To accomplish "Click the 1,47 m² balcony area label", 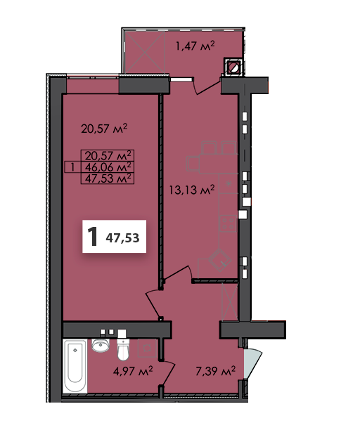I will point(195,46).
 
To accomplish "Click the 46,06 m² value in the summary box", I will point(108,167).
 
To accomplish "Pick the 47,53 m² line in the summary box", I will point(108,178).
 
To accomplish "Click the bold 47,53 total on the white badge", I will point(122,238).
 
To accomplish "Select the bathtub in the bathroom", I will point(75,367).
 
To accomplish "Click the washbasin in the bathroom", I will point(101,346).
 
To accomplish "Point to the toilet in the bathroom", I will point(124,348).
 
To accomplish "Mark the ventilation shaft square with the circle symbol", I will point(233,68).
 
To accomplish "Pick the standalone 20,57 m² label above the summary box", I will point(104,128).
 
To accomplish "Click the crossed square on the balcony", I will point(148,53).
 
